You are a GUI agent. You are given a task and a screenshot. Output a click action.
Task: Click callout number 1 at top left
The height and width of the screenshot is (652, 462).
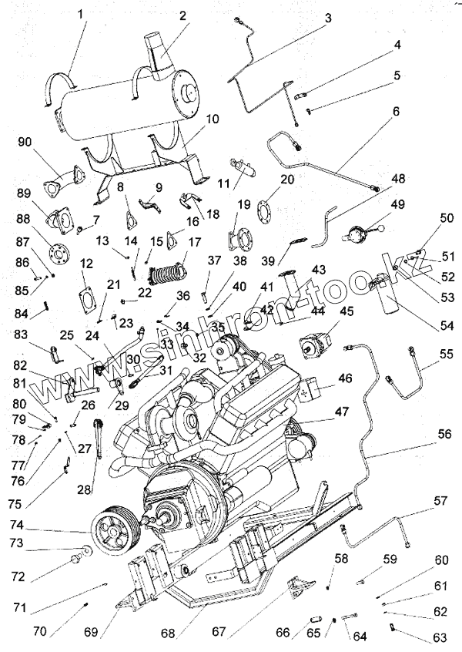click(x=82, y=13)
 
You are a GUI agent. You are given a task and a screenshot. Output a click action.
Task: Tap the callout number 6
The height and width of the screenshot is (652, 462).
click(x=396, y=111)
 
